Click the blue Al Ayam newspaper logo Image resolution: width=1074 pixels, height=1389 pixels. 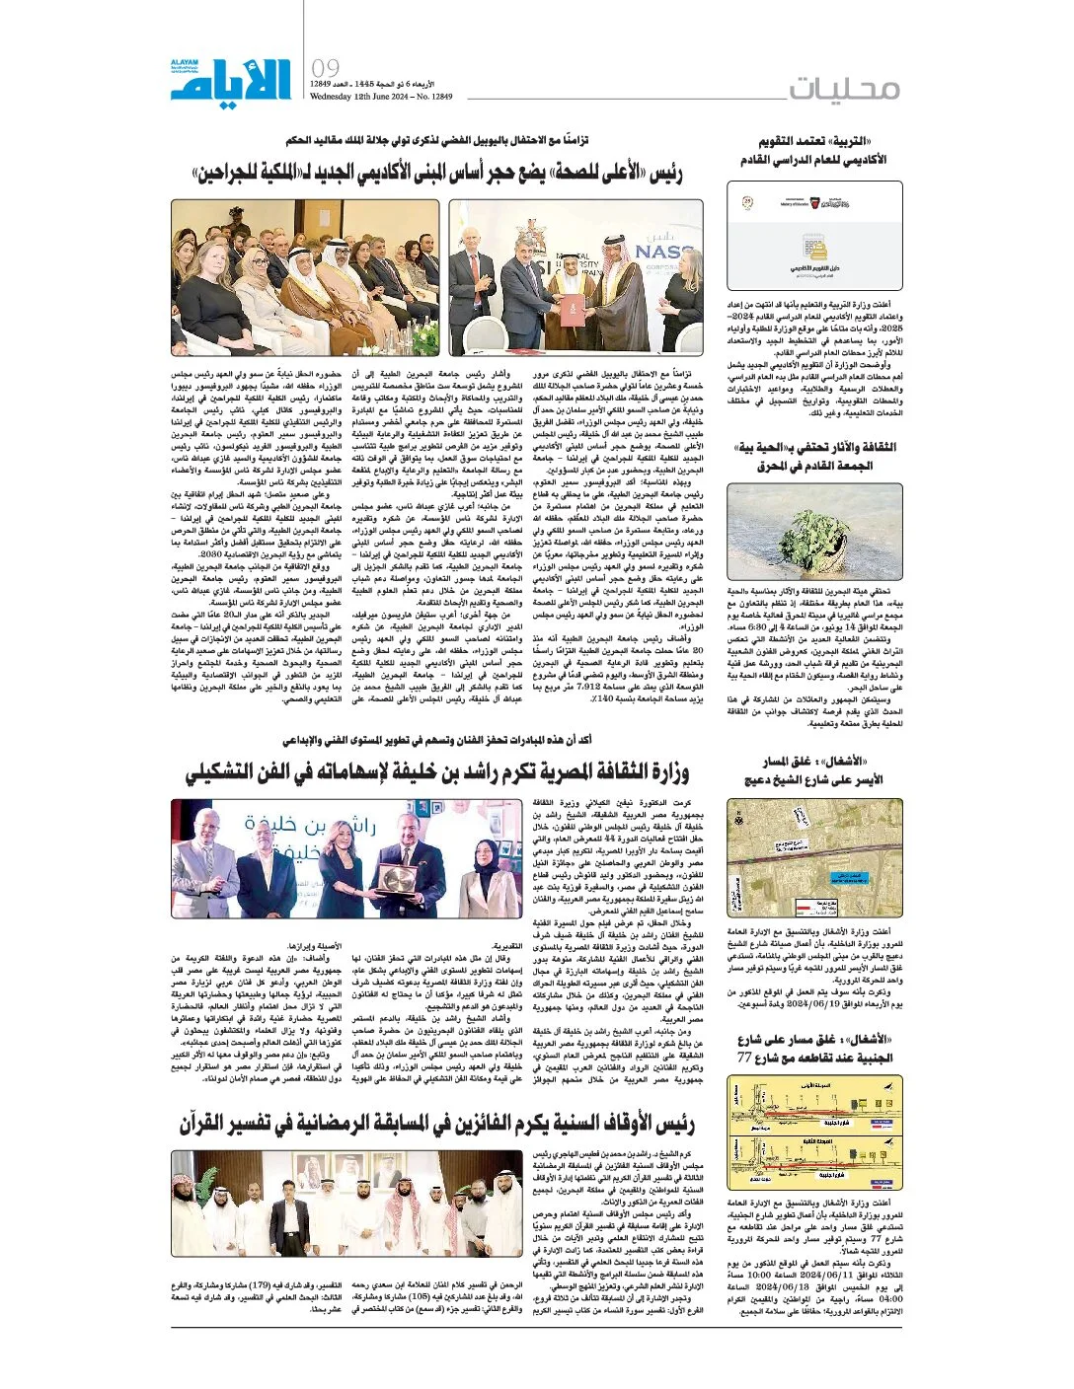tap(231, 79)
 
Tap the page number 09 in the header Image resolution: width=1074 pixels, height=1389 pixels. tap(325, 68)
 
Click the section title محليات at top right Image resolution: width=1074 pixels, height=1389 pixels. tap(844, 88)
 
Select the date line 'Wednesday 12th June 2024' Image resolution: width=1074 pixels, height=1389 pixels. tap(380, 98)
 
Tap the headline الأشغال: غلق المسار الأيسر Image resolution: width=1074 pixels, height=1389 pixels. tap(813, 770)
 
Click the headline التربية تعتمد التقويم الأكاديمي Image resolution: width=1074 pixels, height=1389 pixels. tap(813, 150)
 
